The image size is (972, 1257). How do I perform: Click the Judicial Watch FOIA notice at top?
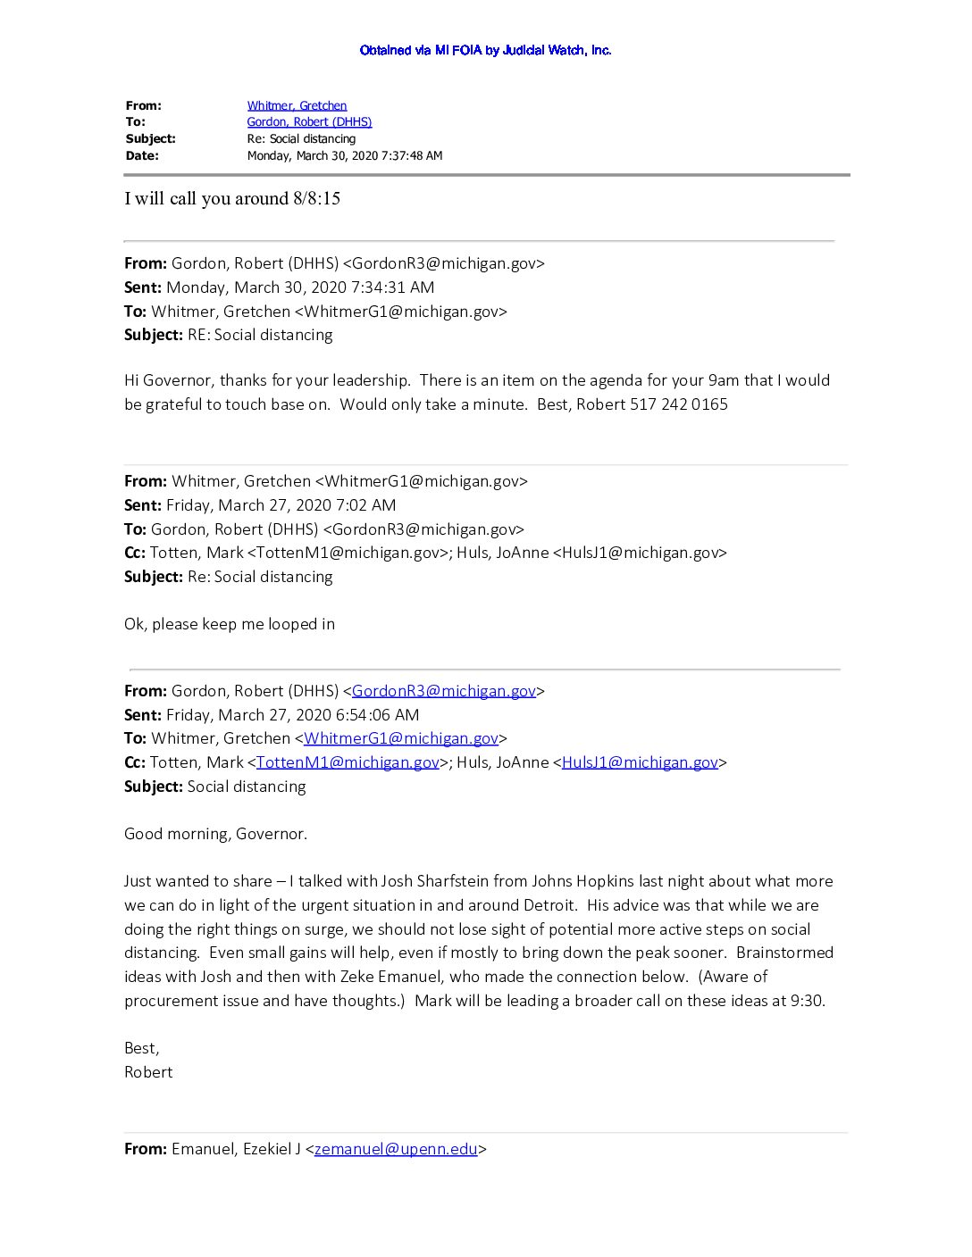(485, 50)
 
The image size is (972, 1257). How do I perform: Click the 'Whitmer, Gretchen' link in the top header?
(297, 105)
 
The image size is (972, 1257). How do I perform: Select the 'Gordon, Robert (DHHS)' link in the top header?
(309, 121)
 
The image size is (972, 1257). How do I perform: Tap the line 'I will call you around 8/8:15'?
(232, 198)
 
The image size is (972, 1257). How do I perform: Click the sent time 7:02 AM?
(365, 505)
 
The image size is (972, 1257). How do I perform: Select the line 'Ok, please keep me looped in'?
(230, 624)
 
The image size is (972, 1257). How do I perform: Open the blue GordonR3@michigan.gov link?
(444, 691)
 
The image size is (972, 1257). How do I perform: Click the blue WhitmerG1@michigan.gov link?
(401, 738)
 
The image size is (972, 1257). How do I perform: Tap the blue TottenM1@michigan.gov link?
(348, 762)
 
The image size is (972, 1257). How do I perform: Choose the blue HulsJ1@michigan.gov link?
(640, 762)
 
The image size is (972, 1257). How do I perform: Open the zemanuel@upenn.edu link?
(396, 1149)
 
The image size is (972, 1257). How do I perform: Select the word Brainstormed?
(784, 953)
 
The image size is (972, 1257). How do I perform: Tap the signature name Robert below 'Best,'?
(148, 1072)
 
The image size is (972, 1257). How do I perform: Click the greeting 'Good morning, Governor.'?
(215, 834)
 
